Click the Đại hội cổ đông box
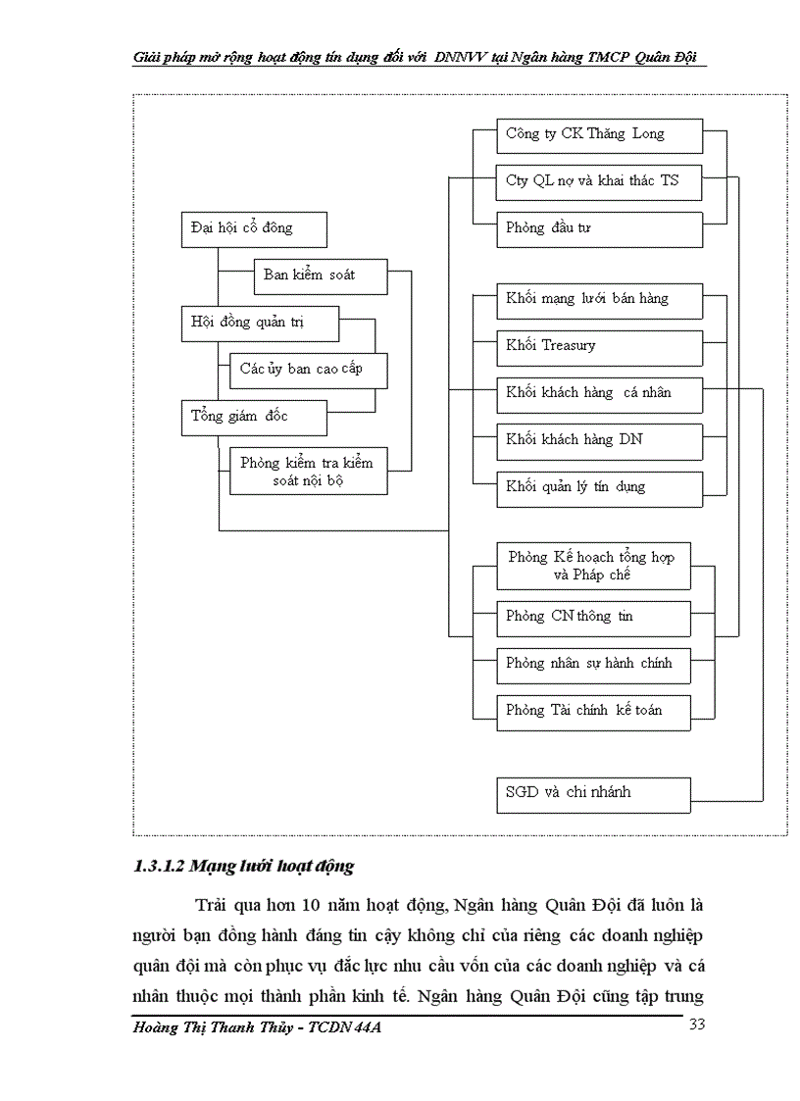tap(254, 228)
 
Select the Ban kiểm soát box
tap(321, 275)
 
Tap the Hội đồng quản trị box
tap(260, 323)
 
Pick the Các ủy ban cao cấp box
tap(308, 370)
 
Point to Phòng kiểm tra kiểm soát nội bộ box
tap(308, 472)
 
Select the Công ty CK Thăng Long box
tap(599, 134)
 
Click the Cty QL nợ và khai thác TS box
tap(599, 181)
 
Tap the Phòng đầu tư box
tap(599, 228)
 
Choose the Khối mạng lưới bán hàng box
tap(599, 299)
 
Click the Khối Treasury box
tap(599, 346)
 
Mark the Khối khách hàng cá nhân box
tap(599, 393)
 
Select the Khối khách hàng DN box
tap(599, 440)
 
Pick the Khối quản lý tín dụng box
tap(599, 487)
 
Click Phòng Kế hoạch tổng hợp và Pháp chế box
tap(593, 566)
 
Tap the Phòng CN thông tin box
tap(593, 617)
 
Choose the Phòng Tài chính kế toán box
tap(593, 710)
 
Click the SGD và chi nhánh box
tap(593, 793)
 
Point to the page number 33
tap(697, 1025)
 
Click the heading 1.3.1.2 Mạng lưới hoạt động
tap(243, 867)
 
